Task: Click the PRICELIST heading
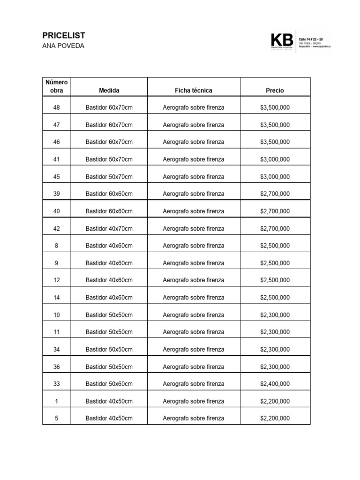[x=64, y=36]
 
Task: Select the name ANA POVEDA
[x=63, y=46]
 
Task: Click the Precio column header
[x=275, y=90]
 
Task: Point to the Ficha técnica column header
[x=193, y=90]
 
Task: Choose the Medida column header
[x=109, y=90]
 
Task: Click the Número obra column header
[x=57, y=87]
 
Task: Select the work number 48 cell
[x=57, y=107]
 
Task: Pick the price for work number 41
[x=275, y=159]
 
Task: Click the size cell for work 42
[x=109, y=228]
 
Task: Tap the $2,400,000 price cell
[x=275, y=383]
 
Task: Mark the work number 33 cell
[x=57, y=383]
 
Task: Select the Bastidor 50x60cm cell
[x=109, y=383]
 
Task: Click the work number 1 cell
[x=57, y=401]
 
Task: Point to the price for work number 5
[x=275, y=418]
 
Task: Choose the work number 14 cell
[x=57, y=297]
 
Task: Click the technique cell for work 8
[x=193, y=246]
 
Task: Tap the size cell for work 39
[x=109, y=194]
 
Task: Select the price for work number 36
[x=275, y=367]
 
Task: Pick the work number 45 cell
[x=57, y=177]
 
